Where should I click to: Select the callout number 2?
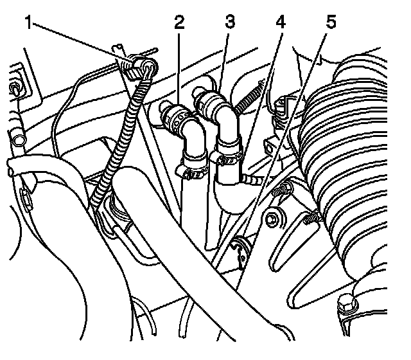click(179, 24)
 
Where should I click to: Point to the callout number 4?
click(280, 24)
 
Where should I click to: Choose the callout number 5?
click(329, 24)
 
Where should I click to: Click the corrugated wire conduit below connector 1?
click(121, 141)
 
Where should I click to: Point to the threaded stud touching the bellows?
click(312, 221)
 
